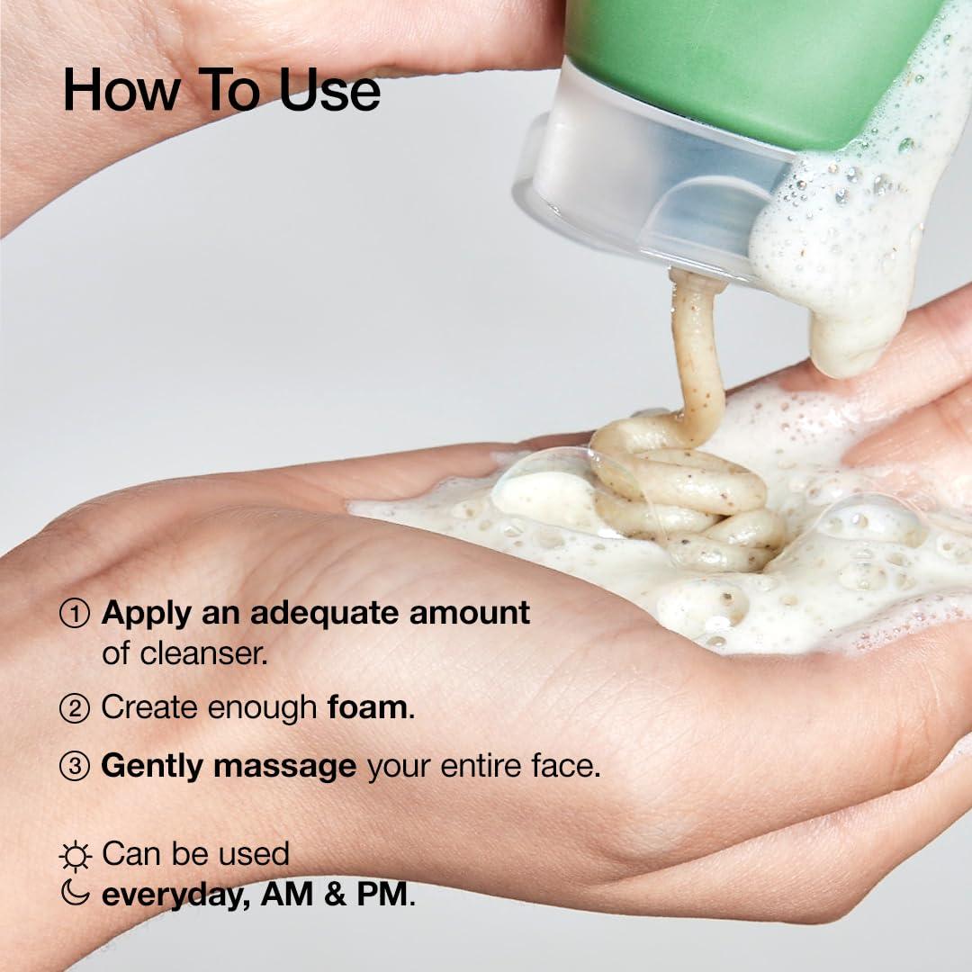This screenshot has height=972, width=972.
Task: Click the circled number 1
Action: pyautogui.click(x=75, y=614)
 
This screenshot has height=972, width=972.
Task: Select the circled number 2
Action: pyautogui.click(x=75, y=708)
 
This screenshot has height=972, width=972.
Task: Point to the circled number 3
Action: pyautogui.click(x=75, y=767)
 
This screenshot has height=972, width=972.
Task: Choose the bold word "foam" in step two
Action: pyautogui.click(x=367, y=707)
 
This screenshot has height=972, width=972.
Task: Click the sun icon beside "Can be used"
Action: pyautogui.click(x=75, y=855)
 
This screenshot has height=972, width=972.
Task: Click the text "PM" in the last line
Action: pyautogui.click(x=385, y=895)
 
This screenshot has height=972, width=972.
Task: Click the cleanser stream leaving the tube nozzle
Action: pyautogui.click(x=697, y=351)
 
